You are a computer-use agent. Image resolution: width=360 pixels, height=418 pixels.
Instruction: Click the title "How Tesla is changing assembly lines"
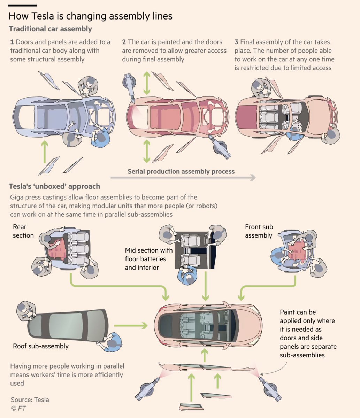pyautogui.click(x=91, y=16)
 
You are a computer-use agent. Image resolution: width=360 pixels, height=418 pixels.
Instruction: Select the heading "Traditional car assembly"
pyautogui.click(x=51, y=29)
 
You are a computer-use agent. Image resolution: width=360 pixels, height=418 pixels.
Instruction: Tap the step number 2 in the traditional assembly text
pyautogui.click(x=124, y=42)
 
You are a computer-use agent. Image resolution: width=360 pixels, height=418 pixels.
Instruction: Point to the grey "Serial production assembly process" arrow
pyautogui.click(x=183, y=178)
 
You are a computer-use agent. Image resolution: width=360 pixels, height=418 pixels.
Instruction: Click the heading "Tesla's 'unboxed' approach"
pyautogui.click(x=54, y=186)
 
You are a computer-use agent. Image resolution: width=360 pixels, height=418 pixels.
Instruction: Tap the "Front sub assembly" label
pyautogui.click(x=259, y=231)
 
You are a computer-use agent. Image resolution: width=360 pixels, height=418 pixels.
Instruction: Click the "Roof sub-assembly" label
pyautogui.click(x=41, y=346)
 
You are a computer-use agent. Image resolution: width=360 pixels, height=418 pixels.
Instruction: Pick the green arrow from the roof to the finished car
pyautogui.click(x=131, y=326)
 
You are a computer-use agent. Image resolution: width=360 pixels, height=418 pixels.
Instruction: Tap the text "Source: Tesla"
pyautogui.click(x=30, y=400)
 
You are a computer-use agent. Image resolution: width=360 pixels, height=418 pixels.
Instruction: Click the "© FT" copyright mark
pyautogui.click(x=18, y=408)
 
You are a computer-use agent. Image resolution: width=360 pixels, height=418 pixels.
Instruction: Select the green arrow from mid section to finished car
pyautogui.click(x=205, y=286)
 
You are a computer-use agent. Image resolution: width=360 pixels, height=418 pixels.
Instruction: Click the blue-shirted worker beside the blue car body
pyautogui.click(x=100, y=137)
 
